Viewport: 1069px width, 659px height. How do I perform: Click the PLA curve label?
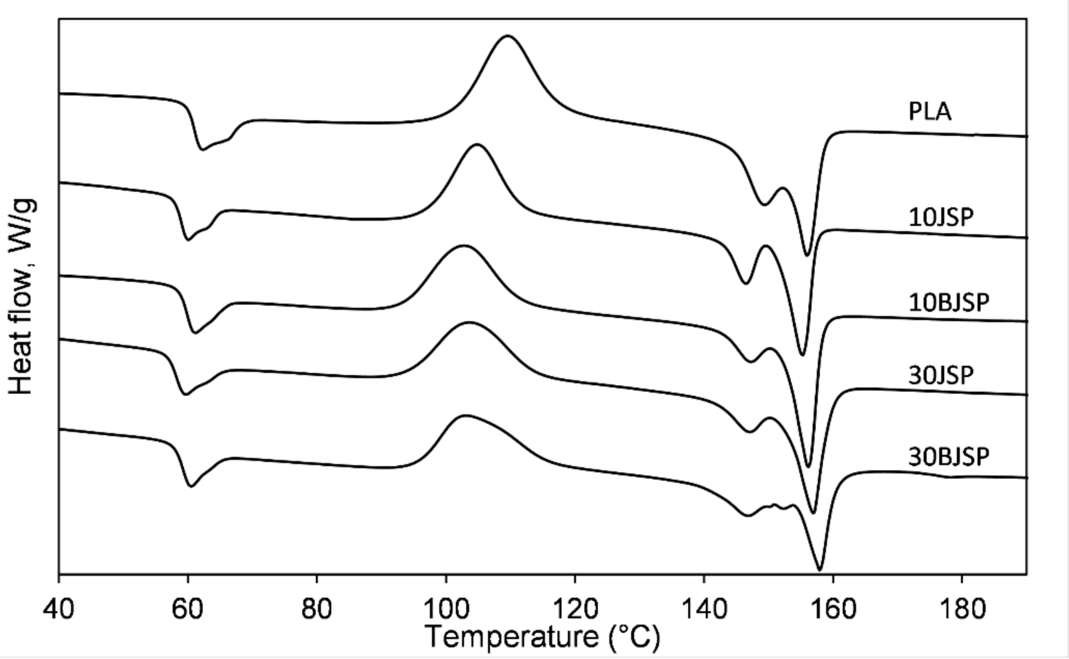[x=930, y=112]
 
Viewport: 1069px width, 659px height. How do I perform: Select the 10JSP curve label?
[x=941, y=218]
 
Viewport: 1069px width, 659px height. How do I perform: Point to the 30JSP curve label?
[x=941, y=375]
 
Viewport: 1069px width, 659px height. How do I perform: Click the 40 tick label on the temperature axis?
[x=58, y=608]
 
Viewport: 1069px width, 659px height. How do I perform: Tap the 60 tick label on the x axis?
[x=188, y=608]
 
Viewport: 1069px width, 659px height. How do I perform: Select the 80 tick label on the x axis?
[x=316, y=608]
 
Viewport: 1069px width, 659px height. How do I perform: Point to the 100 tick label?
[x=446, y=608]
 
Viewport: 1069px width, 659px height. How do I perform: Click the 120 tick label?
[x=575, y=608]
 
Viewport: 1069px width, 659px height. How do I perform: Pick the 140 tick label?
[x=704, y=608]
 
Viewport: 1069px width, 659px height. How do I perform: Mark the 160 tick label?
[x=833, y=608]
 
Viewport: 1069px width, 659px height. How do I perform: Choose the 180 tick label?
[x=962, y=608]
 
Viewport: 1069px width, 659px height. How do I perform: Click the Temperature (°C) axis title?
[x=542, y=637]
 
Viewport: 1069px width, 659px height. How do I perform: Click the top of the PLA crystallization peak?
[x=508, y=36]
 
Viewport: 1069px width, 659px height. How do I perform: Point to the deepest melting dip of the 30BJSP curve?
[x=819, y=569]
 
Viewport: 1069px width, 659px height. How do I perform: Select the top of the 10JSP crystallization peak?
[x=477, y=144]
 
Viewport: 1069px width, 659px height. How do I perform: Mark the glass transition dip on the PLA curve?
[x=203, y=149]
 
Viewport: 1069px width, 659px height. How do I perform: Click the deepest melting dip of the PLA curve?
[x=807, y=255]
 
